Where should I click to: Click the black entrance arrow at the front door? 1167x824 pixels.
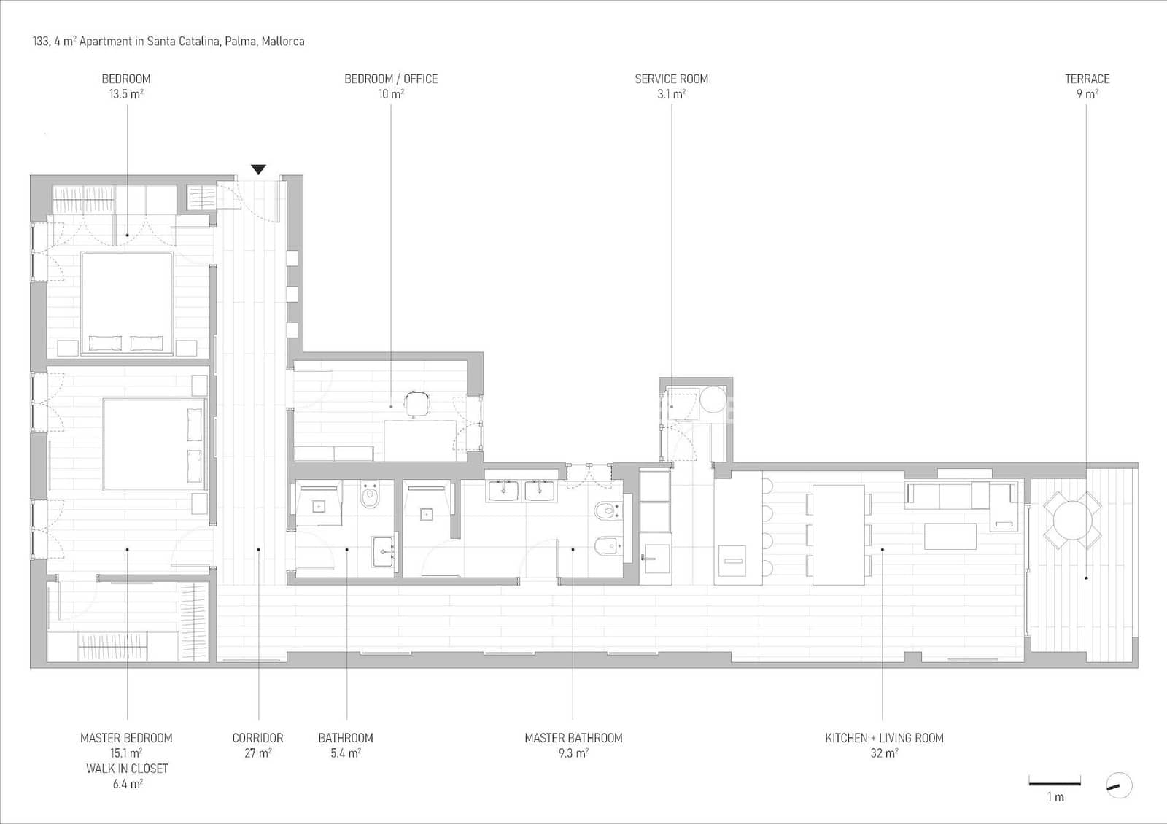[258, 170]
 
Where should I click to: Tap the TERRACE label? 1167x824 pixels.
[1087, 79]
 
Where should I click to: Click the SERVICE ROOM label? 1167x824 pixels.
[671, 79]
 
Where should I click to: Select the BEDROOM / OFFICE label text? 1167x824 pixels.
[391, 79]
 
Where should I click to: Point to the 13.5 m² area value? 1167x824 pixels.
[125, 94]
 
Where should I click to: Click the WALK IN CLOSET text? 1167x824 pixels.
[127, 769]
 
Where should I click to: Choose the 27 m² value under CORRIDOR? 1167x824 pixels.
[257, 753]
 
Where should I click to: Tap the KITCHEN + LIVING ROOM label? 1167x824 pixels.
[884, 738]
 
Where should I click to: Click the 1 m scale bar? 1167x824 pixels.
[1055, 784]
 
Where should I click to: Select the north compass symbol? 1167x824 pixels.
[1119, 785]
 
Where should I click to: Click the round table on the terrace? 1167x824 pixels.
[1072, 519]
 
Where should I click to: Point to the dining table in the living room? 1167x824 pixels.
[838, 535]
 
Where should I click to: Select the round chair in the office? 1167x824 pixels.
[417, 403]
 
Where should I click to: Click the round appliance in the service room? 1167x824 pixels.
[713, 400]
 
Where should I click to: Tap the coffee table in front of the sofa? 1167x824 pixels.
[950, 536]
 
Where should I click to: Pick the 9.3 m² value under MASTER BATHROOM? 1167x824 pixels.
[573, 753]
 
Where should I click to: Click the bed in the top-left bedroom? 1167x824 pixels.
[127, 303]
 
